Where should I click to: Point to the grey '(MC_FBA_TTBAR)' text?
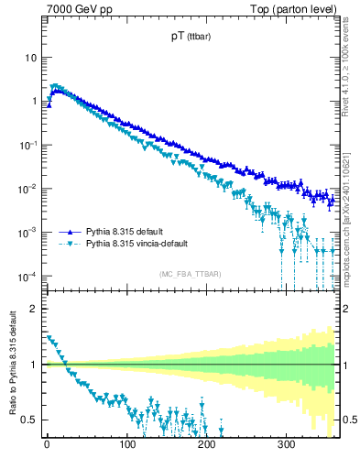coord(190,274)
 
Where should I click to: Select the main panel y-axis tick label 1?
coord(33,101)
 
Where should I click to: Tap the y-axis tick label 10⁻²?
coord(27,189)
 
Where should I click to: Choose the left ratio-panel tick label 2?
coord(33,309)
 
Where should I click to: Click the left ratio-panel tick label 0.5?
coord(28,420)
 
